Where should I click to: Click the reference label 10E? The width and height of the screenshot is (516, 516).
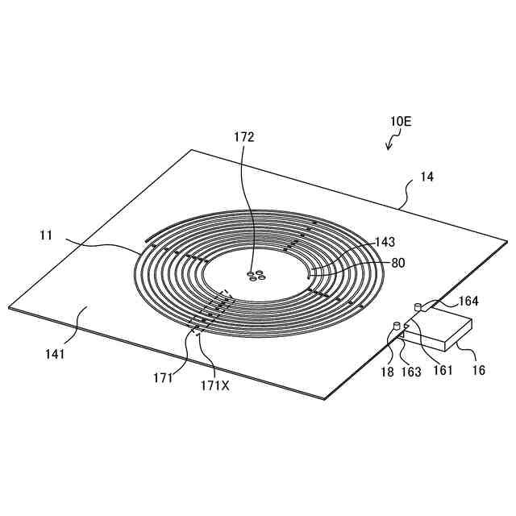pos(401,122)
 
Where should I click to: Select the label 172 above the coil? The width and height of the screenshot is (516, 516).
pos(244,137)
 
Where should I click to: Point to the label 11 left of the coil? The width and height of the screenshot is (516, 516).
pos(46,236)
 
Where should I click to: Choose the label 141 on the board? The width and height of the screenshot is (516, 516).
pos(56,352)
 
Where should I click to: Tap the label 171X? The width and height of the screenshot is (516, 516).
pos(214,386)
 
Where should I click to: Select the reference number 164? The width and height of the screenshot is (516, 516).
pos(469,302)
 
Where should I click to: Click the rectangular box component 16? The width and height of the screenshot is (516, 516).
pos(439,332)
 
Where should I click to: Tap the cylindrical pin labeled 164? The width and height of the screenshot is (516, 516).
pos(417,306)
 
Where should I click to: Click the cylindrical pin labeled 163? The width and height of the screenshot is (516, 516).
pos(396,326)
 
